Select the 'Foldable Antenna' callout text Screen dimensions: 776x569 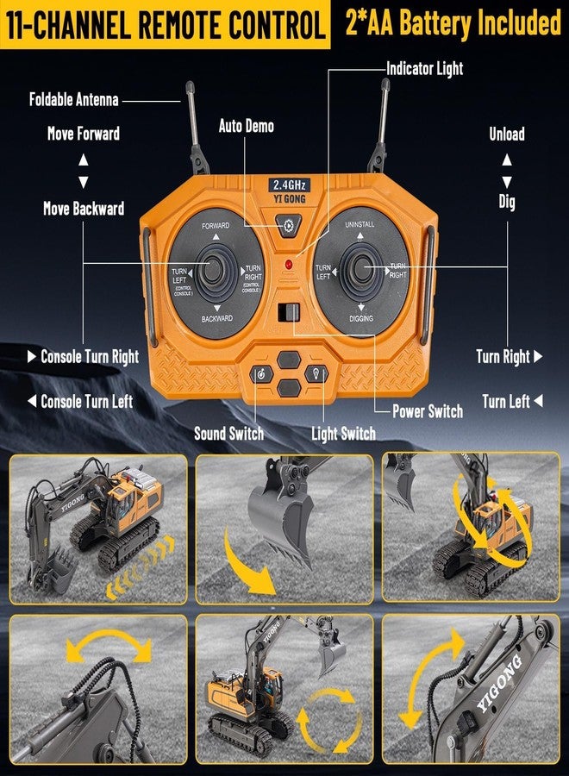pyautogui.click(x=73, y=99)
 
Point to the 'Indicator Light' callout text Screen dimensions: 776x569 pyautogui.click(x=424, y=68)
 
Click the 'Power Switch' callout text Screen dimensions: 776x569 pyautogui.click(x=428, y=411)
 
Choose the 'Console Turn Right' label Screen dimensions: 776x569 pyautogui.click(x=90, y=356)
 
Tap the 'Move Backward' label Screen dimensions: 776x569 pyautogui.click(x=84, y=209)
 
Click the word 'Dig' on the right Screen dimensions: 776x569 pyautogui.click(x=507, y=202)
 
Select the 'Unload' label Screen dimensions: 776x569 pyautogui.click(x=507, y=134)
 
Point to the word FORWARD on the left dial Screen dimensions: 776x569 pyautogui.click(x=216, y=225)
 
